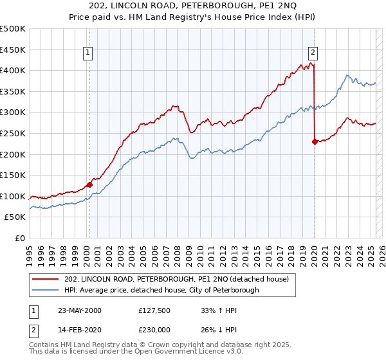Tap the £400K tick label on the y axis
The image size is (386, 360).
(13, 70)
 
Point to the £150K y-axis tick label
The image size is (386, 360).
(13, 175)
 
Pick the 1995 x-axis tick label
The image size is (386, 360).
(30, 253)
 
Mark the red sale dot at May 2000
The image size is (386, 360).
(90, 184)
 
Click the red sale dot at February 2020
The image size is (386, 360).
(315, 142)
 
